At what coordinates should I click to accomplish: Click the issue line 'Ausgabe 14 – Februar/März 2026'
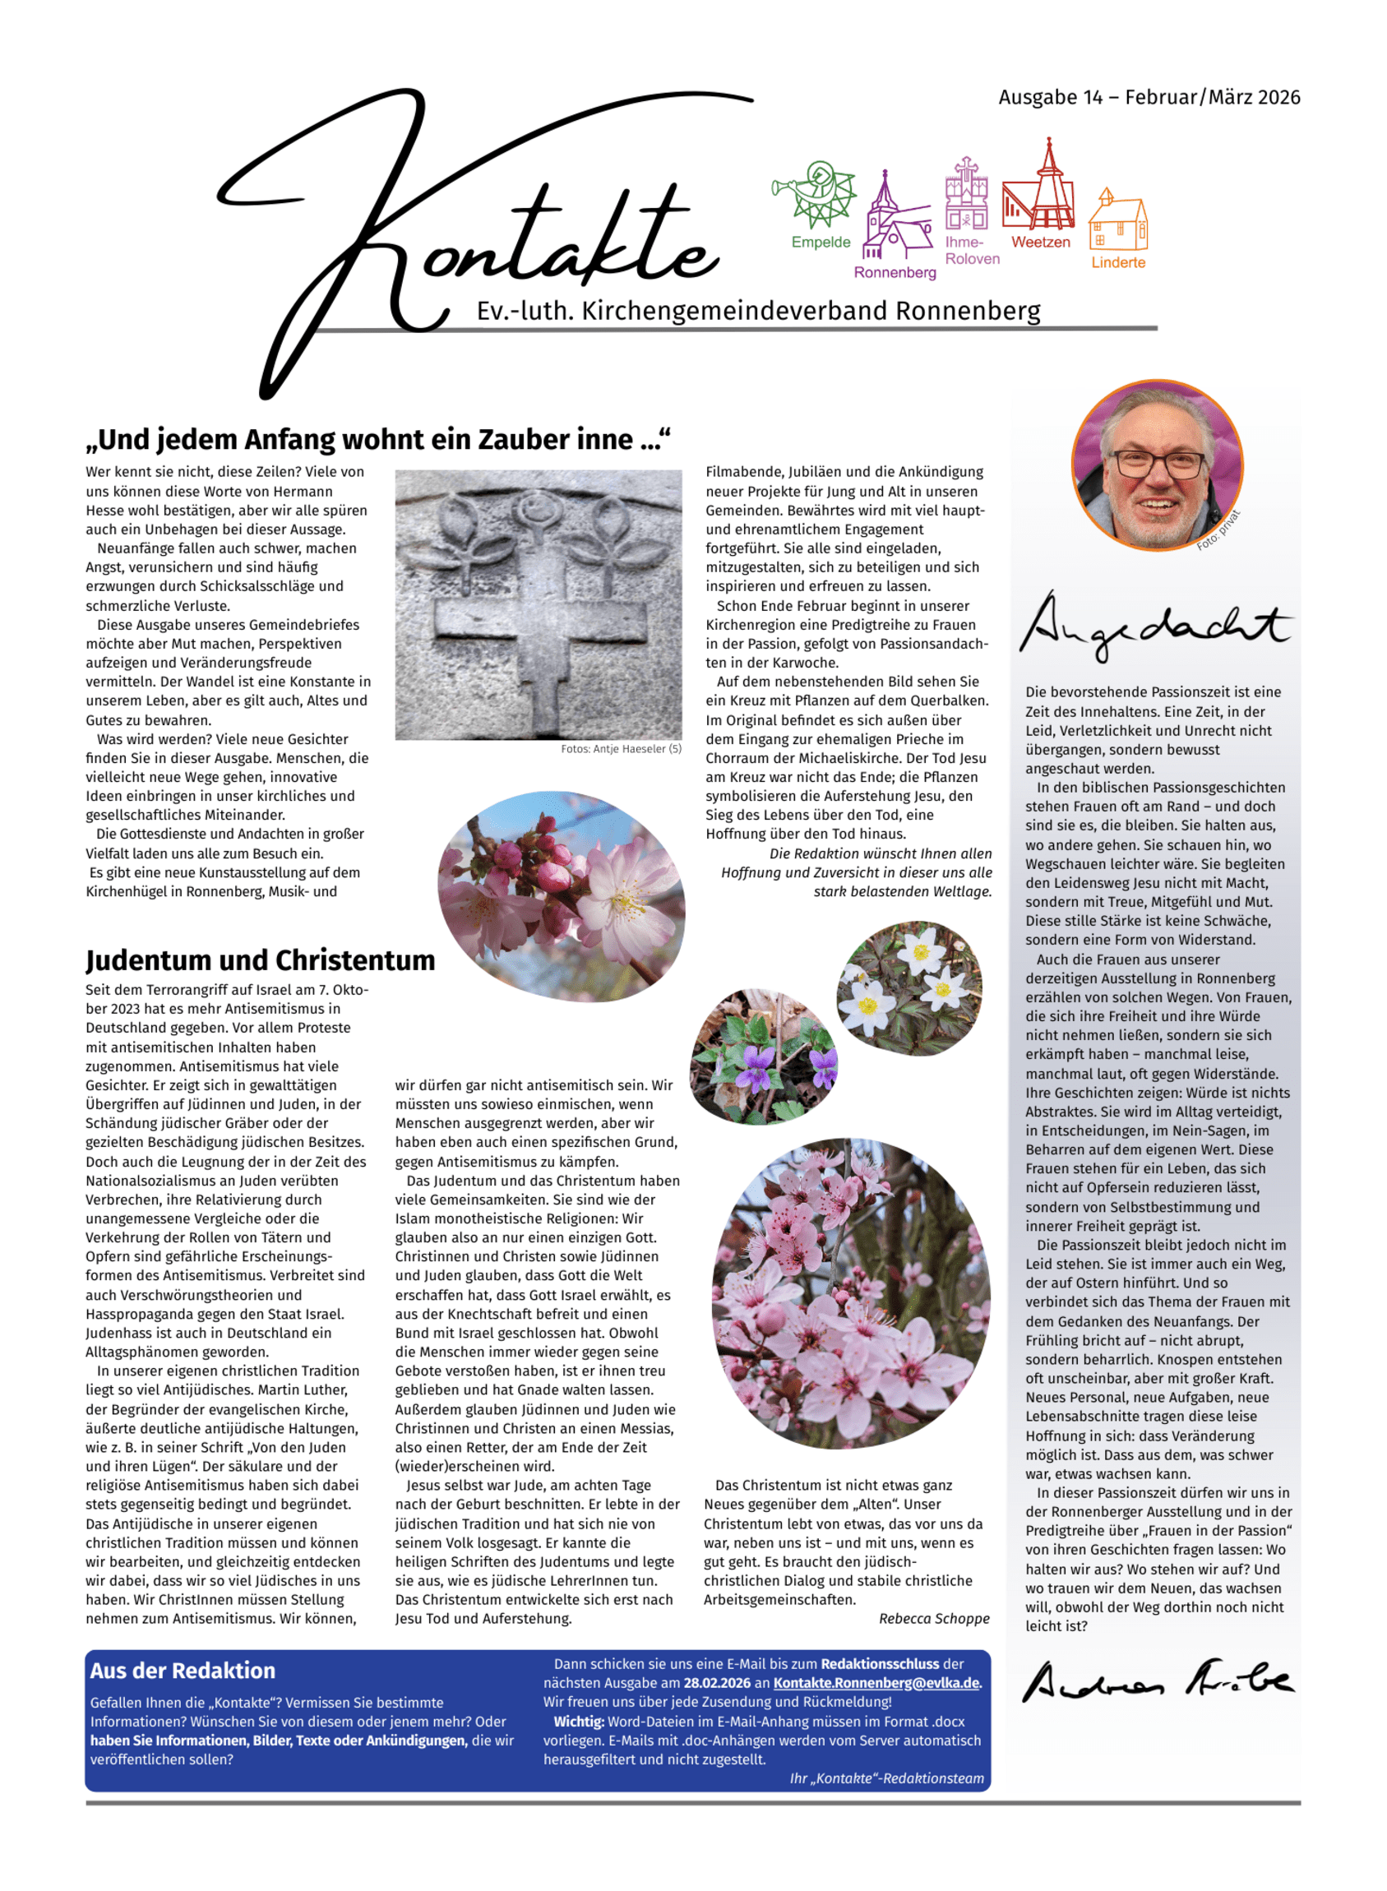coord(1149,97)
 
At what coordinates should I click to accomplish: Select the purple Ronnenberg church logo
coord(895,220)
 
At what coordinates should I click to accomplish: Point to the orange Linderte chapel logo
coord(1117,221)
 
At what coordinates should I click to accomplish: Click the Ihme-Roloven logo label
coord(972,250)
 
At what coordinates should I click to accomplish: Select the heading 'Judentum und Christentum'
coord(261,960)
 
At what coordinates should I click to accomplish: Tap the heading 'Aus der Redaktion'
coord(183,1671)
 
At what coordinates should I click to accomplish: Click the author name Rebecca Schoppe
coord(934,1619)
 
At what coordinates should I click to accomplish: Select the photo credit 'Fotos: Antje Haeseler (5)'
coord(622,749)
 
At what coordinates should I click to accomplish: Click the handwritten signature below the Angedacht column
coord(1157,1681)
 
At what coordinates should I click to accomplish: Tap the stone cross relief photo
coord(539,603)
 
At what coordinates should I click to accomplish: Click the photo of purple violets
coord(762,1055)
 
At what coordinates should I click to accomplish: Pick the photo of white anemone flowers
coord(910,986)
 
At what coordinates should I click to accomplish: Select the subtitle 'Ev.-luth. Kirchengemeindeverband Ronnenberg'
coord(758,312)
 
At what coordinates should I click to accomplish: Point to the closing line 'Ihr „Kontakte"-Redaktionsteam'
coord(886,1778)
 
